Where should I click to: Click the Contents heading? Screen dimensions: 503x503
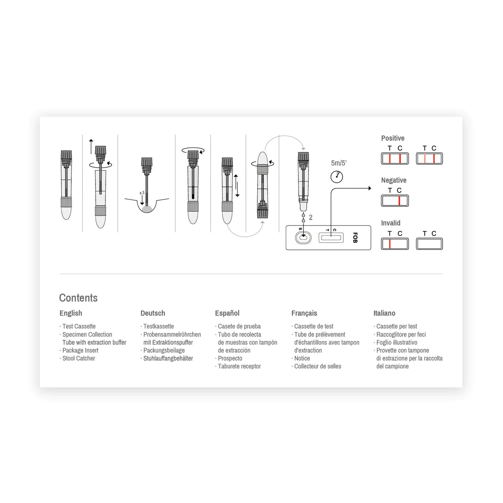coord(78,298)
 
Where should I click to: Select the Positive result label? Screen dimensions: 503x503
coord(393,138)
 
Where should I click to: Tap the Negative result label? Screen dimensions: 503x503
coord(394,180)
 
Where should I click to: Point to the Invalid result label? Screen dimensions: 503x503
coord(391,223)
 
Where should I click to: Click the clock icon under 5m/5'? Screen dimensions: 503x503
coord(337,177)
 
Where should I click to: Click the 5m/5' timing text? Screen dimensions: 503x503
coord(339,163)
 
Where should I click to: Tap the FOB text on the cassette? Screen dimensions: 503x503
coord(355,238)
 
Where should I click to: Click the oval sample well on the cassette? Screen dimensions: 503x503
coord(303,238)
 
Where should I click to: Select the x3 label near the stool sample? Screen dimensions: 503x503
coord(142,193)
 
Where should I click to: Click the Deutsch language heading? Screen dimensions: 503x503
coord(153,313)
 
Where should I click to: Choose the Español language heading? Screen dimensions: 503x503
coord(227,313)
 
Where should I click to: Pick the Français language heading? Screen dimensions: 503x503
coord(304,313)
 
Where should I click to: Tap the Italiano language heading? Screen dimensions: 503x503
coord(384,313)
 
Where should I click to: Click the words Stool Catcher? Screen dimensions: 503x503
coord(78,358)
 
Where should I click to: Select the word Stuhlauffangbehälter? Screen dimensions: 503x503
coord(168,358)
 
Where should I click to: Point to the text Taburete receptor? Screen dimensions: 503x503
coord(239,366)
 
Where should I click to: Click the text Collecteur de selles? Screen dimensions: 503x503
coord(318,366)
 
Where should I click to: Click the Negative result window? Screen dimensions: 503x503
coord(395,201)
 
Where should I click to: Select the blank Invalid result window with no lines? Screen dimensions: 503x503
coord(429,244)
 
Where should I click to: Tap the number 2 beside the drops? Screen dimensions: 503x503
coord(311,218)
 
